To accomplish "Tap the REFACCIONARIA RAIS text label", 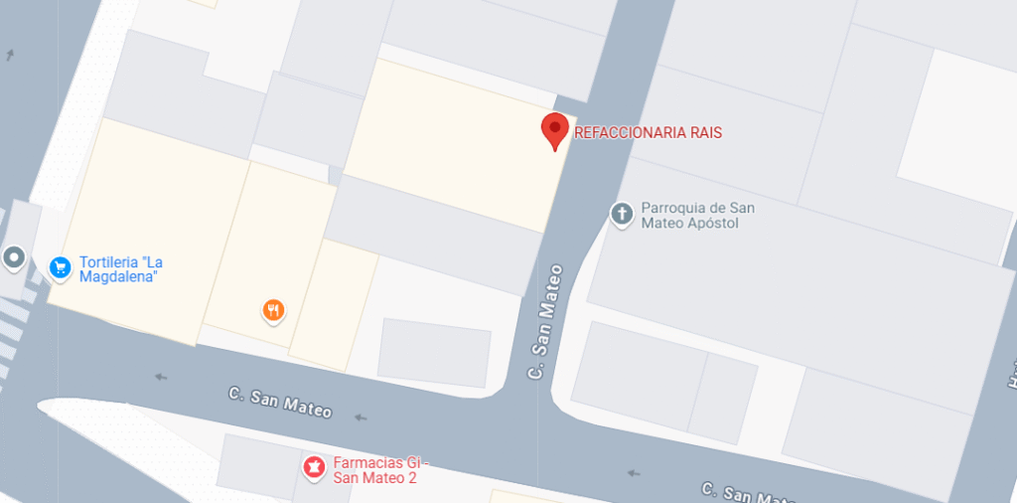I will (648, 133).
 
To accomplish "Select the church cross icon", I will (622, 215).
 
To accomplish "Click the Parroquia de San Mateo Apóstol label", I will (697, 216).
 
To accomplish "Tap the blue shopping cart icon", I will (61, 266).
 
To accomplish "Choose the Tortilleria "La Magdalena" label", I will (120, 269).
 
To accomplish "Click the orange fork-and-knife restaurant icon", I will (274, 311).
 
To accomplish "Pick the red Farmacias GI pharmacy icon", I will (315, 466).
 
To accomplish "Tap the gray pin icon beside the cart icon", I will (14, 258).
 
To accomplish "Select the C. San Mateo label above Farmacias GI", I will (280, 402).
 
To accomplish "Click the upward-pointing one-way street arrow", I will (10, 55).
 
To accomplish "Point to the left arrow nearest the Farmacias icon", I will (360, 418).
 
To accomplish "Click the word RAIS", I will (705, 133).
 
